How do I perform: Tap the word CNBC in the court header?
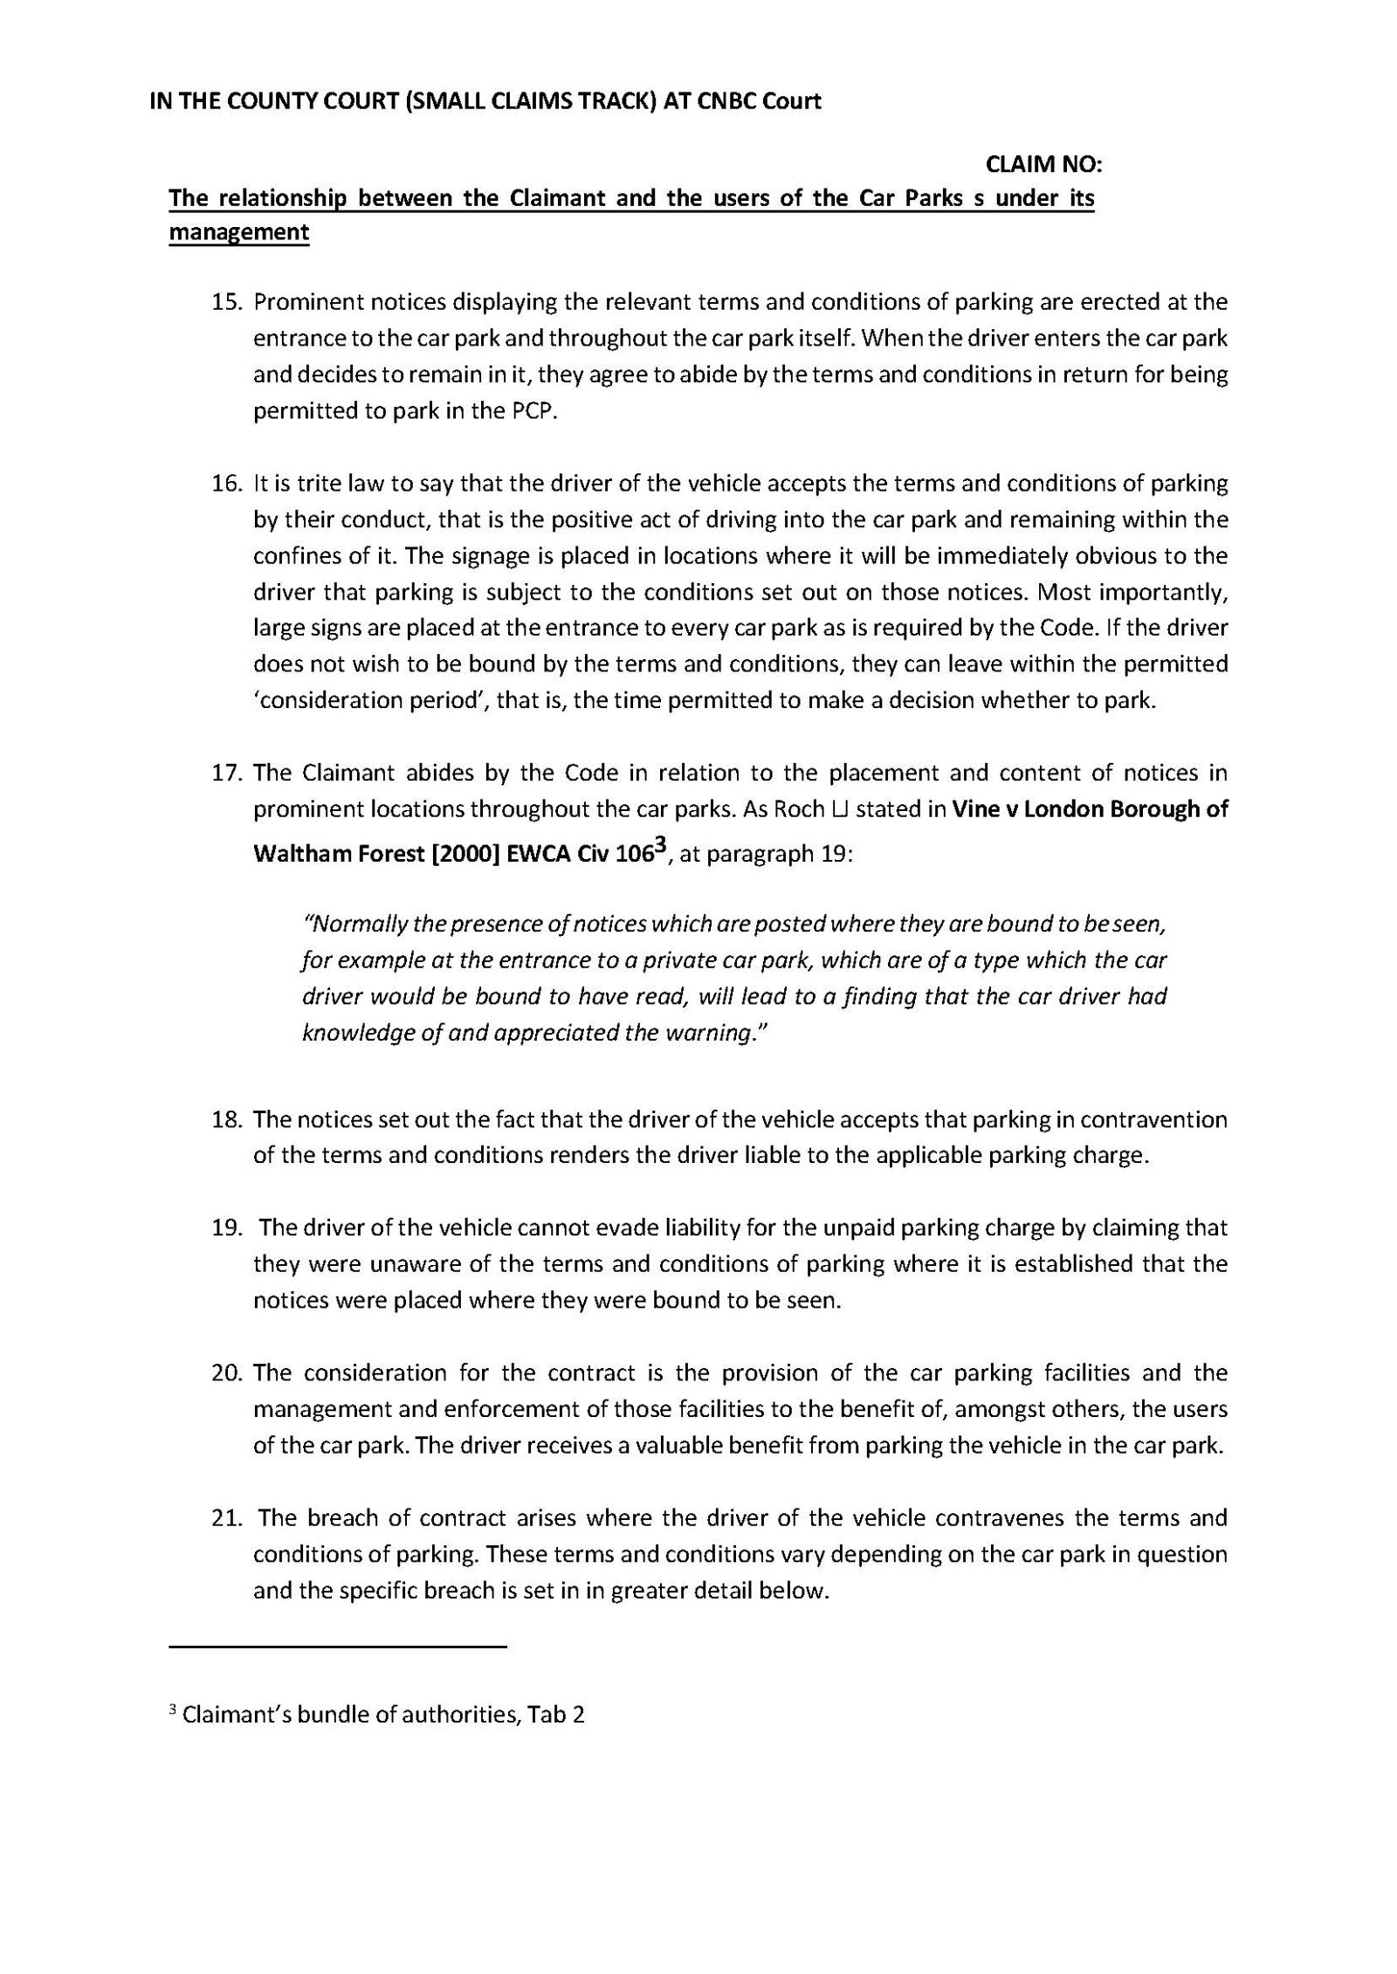point(728,101)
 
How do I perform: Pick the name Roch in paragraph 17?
point(799,809)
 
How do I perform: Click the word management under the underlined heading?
point(238,233)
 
